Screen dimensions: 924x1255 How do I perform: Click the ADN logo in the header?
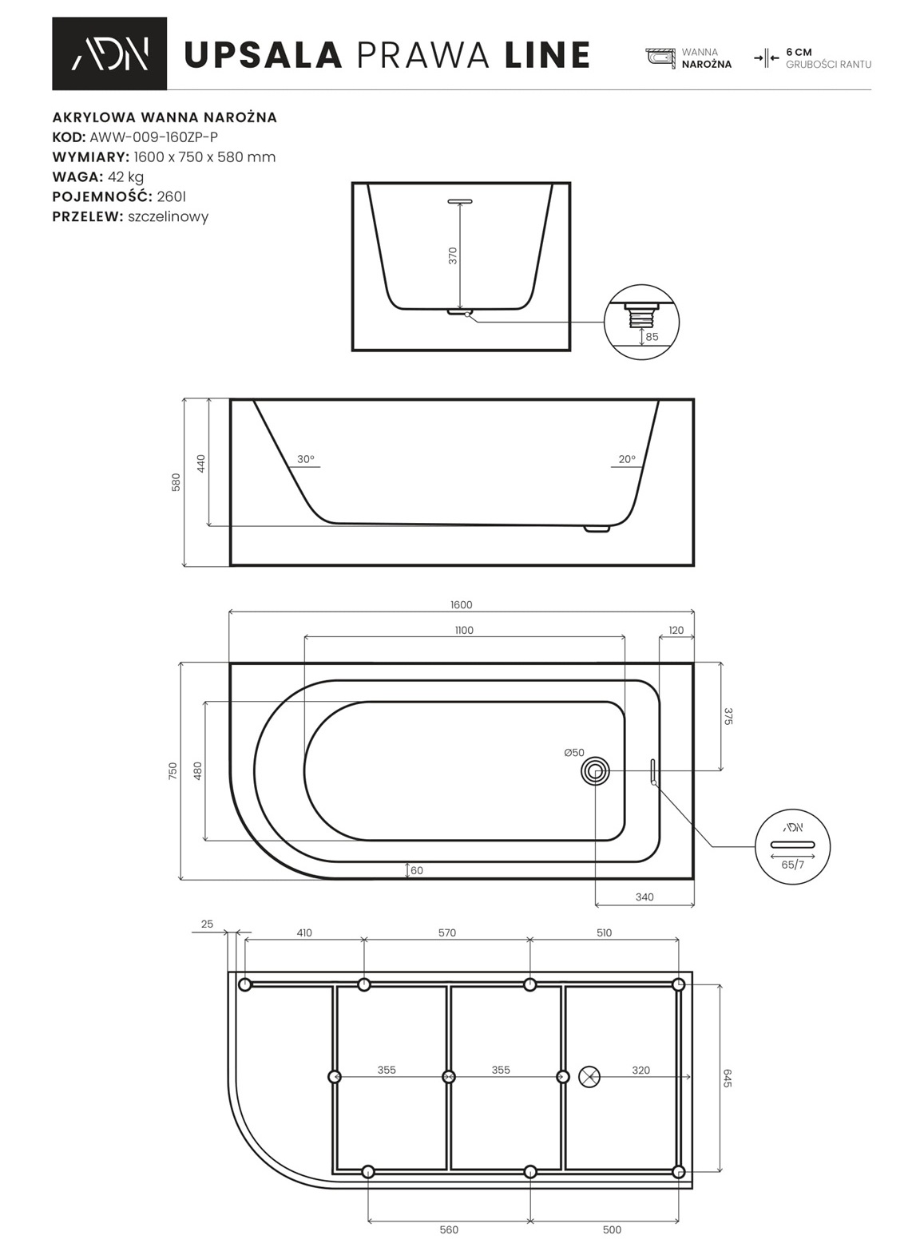click(x=109, y=53)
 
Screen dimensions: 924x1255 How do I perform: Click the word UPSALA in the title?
click(x=264, y=55)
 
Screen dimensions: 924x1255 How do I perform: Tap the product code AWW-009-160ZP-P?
click(x=154, y=137)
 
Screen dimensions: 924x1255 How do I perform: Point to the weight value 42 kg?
click(x=126, y=177)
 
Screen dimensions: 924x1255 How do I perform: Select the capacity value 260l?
click(x=172, y=196)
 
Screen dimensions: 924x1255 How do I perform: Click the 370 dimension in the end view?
click(x=453, y=255)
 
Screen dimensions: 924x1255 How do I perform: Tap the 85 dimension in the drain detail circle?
click(x=652, y=337)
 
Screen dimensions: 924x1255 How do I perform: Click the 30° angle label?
click(x=305, y=459)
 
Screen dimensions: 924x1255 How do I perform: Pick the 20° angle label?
click(x=627, y=459)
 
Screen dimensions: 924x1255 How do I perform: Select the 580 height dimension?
click(x=176, y=482)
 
